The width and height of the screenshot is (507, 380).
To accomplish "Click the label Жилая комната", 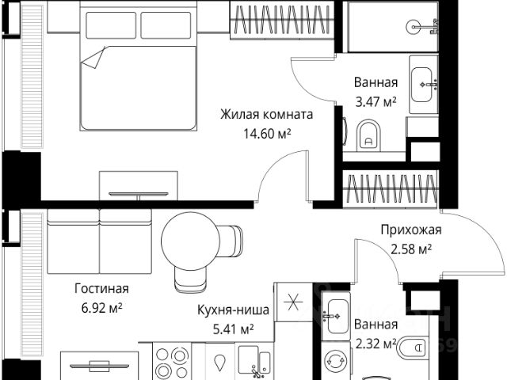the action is coord(267,114).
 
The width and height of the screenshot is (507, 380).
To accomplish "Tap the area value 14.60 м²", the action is coord(267,133).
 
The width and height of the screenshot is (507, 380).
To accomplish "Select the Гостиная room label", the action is coord(101,288).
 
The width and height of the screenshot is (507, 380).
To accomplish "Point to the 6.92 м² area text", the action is coord(101,308).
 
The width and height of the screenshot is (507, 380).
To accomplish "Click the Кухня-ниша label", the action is coord(233,310).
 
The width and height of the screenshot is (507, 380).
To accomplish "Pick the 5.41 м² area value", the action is coord(233,329).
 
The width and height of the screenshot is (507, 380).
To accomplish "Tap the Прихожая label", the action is coord(410,230).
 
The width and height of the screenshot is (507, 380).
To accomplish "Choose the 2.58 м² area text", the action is coord(411,249).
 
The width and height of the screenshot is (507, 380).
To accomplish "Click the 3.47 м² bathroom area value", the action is coord(375,102).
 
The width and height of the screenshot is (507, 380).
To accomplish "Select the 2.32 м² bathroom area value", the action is coord(375,344).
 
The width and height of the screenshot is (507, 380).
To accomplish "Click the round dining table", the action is coord(190,241).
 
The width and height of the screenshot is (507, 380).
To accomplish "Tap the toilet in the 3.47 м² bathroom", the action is coord(368,135).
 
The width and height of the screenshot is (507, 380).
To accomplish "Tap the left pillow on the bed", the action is coord(111,25).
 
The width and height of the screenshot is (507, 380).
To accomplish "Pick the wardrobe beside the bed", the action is coord(281,20).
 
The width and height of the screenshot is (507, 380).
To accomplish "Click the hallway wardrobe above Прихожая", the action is coord(391,189).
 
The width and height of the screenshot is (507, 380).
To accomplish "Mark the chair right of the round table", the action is coord(231,241).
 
